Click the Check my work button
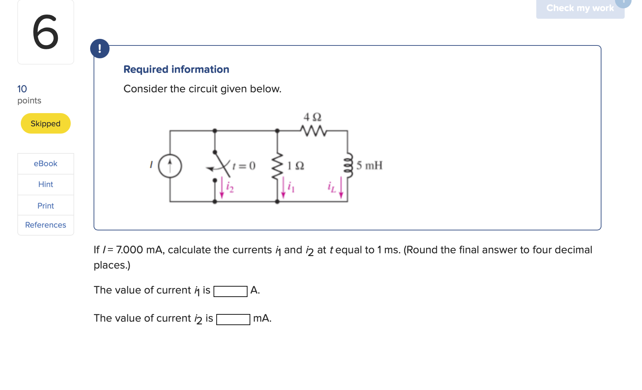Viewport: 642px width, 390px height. pos(580,8)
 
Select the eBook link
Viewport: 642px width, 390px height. pos(45,163)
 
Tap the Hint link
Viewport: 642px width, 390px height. pos(45,184)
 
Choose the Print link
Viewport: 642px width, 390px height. pos(45,206)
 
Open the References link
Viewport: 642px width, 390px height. pos(45,225)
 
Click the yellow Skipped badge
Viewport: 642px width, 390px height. pos(45,124)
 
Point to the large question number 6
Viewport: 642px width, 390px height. pos(45,32)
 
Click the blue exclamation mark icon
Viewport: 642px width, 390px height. pos(100,49)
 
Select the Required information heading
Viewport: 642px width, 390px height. pos(176,69)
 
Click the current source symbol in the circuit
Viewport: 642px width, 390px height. pos(170,166)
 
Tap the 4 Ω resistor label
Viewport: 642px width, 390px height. pos(312,117)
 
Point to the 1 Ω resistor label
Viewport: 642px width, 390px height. pos(296,166)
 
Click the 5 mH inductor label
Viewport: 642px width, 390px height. pos(370,165)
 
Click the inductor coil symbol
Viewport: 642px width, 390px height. pos(348,165)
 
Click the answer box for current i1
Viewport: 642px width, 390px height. pos(231,291)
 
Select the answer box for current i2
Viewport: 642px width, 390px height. pos(233,319)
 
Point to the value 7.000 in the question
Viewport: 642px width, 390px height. pos(129,250)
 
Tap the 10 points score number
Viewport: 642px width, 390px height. pos(22,89)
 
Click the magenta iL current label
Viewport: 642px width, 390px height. pos(332,187)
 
